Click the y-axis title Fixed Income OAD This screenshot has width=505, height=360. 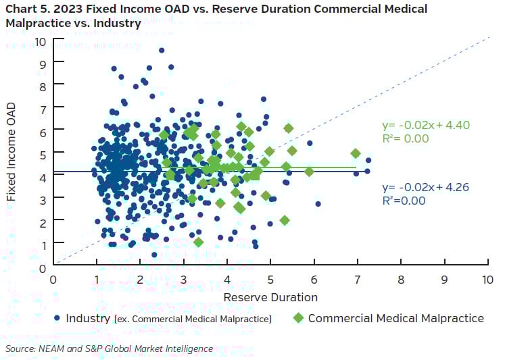(x=11, y=153)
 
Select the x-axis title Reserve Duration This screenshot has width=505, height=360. (x=270, y=297)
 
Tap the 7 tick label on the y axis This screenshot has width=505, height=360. (x=43, y=109)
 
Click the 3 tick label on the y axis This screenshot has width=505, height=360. (x=43, y=199)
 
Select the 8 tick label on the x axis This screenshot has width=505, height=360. (x=401, y=278)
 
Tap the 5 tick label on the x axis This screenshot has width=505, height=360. (x=270, y=278)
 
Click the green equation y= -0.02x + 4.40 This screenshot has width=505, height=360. (x=425, y=125)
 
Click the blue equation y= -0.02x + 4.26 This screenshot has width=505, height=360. (x=425, y=187)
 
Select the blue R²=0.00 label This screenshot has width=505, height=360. (x=404, y=201)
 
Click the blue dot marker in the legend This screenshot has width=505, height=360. (x=57, y=317)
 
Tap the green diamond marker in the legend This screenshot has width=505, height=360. (x=298, y=317)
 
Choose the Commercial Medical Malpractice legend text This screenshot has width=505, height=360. (x=395, y=317)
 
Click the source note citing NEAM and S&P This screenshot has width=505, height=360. (x=109, y=349)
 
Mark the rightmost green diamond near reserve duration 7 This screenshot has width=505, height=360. (x=356, y=153)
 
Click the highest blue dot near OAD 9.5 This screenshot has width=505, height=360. (x=161, y=50)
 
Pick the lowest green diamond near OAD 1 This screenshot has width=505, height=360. (x=198, y=242)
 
